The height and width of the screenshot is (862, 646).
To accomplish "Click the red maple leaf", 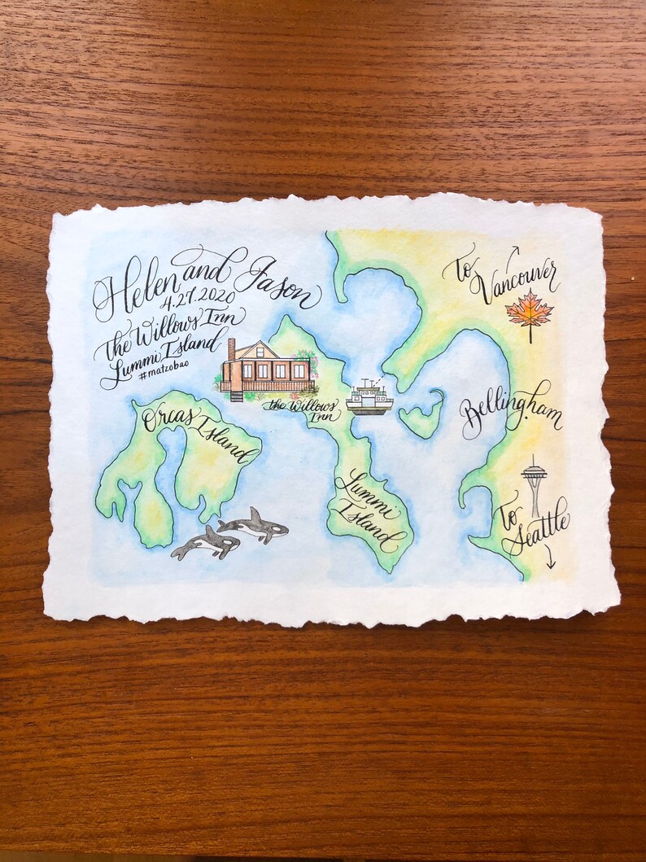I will click(529, 313).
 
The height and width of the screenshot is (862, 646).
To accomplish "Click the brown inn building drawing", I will click(266, 370).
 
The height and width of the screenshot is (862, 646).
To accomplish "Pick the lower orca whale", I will click(205, 543).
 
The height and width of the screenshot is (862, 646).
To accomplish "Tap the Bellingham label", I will click(509, 412).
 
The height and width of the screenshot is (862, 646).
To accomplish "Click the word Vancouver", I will click(517, 281).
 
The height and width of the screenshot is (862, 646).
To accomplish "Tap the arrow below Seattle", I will click(550, 559).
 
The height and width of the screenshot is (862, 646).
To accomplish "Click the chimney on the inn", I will click(231, 349).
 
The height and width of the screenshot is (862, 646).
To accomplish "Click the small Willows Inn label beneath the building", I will click(303, 409).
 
